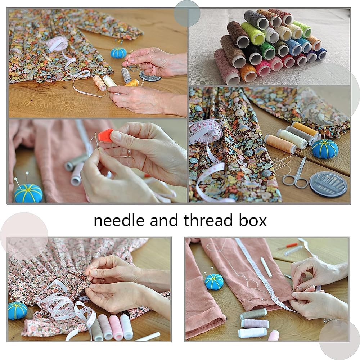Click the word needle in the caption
119,220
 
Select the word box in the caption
253,220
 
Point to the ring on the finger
129,152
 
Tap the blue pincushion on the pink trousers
214,281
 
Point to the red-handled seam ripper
288,246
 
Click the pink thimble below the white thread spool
274,335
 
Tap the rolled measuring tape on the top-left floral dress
57,43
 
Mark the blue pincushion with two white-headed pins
28,192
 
